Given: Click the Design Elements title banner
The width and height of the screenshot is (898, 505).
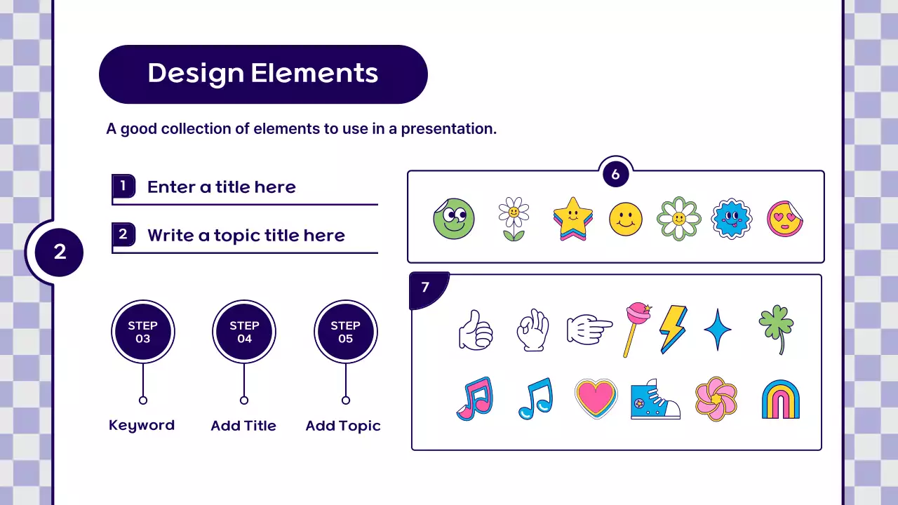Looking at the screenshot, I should point(263,74).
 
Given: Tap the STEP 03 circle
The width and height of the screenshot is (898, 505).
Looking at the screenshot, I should point(143,332).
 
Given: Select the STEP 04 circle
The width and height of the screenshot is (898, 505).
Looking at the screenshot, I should point(244,332).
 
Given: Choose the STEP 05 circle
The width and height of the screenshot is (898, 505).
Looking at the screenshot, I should point(345,332).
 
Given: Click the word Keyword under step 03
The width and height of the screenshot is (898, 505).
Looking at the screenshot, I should point(142,425).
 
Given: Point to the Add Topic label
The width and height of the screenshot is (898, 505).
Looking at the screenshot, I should point(343,426).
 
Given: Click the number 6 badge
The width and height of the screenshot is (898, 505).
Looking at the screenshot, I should point(615,175).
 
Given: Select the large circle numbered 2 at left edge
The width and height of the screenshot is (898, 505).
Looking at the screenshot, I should point(60,252).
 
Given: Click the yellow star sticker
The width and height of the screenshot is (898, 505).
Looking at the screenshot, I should point(572,218).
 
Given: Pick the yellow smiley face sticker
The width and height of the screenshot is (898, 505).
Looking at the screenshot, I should point(625,219).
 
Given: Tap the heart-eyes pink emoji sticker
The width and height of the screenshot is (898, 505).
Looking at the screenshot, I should point(784,219).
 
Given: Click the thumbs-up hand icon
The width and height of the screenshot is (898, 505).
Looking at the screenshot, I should point(476,330).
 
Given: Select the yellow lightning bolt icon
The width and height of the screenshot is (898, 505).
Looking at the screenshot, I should point(672,328).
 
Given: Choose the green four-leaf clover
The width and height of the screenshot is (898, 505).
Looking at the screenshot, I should point(775,328).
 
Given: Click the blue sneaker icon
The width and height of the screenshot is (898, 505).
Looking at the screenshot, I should point(655,400).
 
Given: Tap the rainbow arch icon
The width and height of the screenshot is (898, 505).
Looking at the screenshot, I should point(780,400).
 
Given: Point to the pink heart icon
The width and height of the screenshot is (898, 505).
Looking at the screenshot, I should point(596,399).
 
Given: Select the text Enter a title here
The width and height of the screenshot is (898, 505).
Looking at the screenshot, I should point(221,187).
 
